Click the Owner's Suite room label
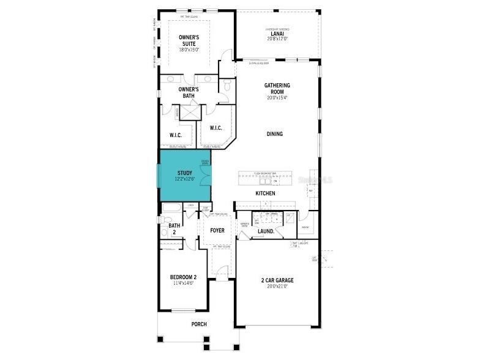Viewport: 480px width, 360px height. tap(189, 37)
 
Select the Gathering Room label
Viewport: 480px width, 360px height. tap(277, 88)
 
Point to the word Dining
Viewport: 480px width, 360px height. tap(274, 134)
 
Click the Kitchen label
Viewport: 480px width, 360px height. tap(265, 193)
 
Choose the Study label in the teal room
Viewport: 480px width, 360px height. tap(184, 173)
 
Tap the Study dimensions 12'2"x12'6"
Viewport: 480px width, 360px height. tap(184, 179)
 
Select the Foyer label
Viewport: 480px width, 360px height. tap(217, 231)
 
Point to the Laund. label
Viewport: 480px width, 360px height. tap(265, 231)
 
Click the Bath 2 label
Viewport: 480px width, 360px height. tap(174, 229)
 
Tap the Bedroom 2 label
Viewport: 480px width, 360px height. tap(183, 277)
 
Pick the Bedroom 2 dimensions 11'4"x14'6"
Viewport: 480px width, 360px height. tap(183, 283)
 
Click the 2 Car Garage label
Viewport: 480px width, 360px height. tap(277, 280)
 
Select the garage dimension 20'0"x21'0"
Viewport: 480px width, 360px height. tap(277, 287)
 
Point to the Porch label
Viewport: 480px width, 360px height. tap(198, 324)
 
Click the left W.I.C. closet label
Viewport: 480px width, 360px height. tap(175, 135)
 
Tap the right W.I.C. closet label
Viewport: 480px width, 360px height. tap(216, 128)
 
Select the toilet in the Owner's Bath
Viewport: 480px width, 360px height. tap(226, 87)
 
